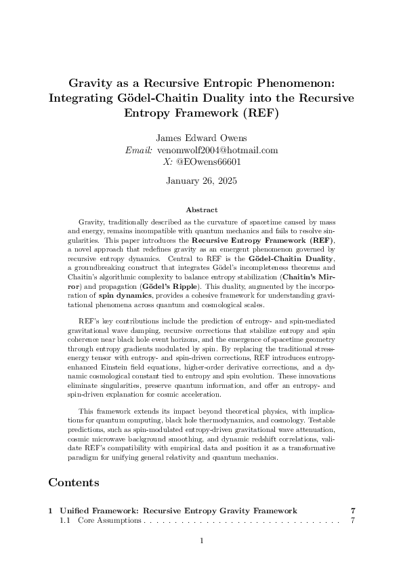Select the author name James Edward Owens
click(201, 137)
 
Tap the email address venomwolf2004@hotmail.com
click(217, 150)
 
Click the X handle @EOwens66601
click(209, 162)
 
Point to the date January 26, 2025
click(201, 181)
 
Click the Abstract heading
click(201, 210)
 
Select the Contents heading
click(74, 483)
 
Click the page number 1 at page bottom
click(201, 540)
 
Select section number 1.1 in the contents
click(65, 521)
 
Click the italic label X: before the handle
click(168, 162)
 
